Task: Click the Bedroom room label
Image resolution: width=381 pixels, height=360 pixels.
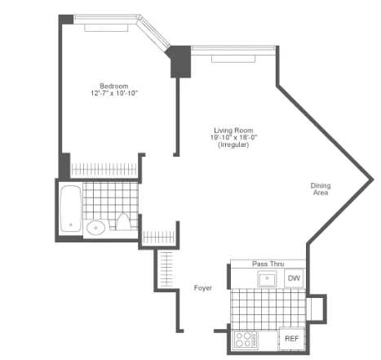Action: pyautogui.click(x=114, y=86)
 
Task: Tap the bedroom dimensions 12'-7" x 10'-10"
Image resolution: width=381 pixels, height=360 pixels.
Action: pyautogui.click(x=114, y=93)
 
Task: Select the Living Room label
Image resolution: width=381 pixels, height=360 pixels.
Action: pyautogui.click(x=233, y=131)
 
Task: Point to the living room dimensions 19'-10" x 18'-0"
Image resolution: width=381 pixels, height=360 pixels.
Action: pyautogui.click(x=233, y=137)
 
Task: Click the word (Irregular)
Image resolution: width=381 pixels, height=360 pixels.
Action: pyautogui.click(x=233, y=144)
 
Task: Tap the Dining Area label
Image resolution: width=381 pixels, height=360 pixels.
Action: pyautogui.click(x=321, y=189)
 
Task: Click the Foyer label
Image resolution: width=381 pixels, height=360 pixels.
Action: pyautogui.click(x=203, y=288)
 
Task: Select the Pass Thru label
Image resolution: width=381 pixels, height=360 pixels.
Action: pyautogui.click(x=268, y=264)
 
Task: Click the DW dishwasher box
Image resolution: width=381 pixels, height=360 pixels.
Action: pyautogui.click(x=294, y=278)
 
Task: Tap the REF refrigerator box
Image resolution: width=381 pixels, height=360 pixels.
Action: pyautogui.click(x=291, y=339)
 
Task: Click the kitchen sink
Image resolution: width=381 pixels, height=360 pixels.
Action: pyautogui.click(x=267, y=278)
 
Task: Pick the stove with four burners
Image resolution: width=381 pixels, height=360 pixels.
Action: pyautogui.click(x=246, y=340)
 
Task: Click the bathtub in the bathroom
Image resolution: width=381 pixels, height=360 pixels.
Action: pyautogui.click(x=71, y=209)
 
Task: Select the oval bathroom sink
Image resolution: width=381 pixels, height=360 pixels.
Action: pyautogui.click(x=95, y=228)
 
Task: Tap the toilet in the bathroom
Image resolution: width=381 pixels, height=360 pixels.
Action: pyautogui.click(x=123, y=222)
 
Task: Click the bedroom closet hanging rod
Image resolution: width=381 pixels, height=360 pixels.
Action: pyautogui.click(x=104, y=169)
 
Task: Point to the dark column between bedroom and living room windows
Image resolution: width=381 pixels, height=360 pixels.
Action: pyautogui.click(x=179, y=61)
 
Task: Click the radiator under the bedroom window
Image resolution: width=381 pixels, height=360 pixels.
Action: pyautogui.click(x=106, y=28)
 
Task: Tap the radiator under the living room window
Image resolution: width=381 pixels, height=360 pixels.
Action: pyautogui.click(x=233, y=59)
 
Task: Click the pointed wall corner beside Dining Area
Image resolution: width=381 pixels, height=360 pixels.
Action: pyautogui.click(x=373, y=180)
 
